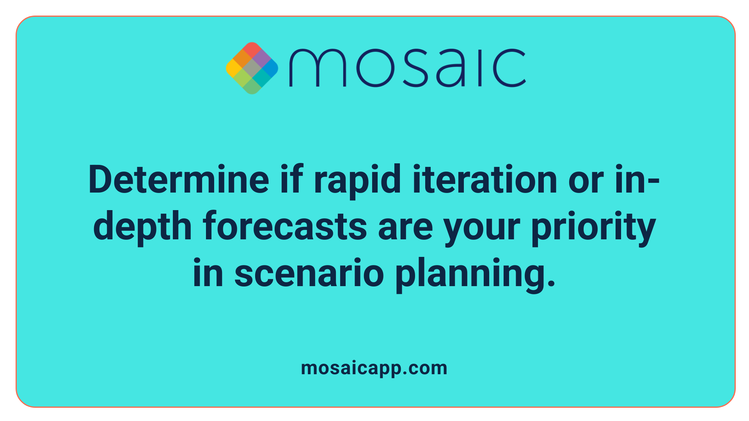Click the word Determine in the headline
179,180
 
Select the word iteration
485,180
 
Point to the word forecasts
285,226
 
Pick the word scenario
309,273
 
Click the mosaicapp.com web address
374,368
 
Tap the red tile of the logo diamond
252,50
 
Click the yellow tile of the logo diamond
234,68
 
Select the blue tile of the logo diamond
270,68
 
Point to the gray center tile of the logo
252,68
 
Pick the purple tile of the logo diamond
261,59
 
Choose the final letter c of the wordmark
509,68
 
